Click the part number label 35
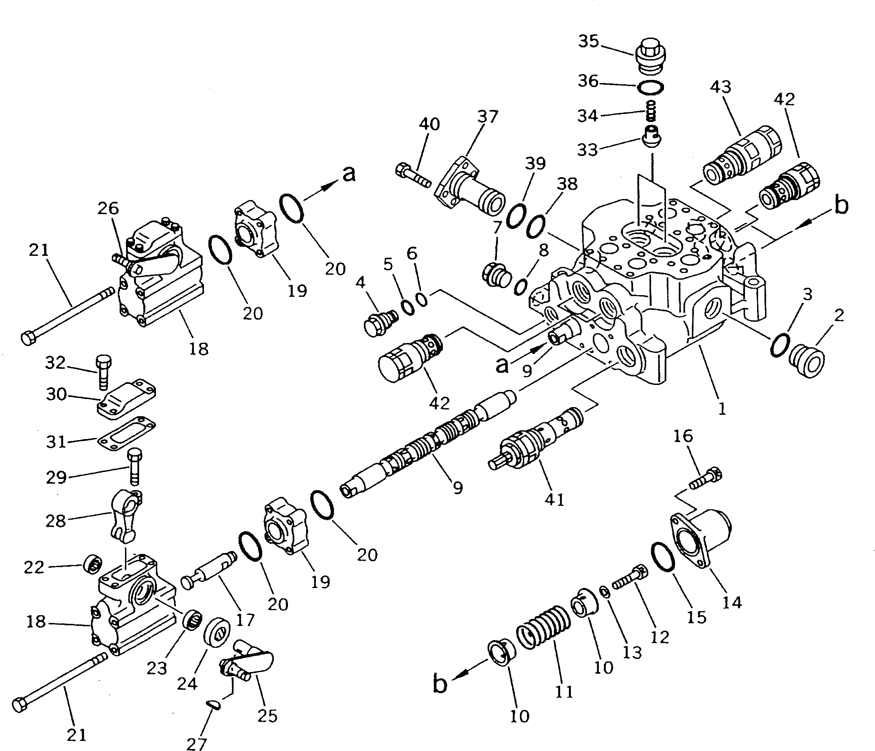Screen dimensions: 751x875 (x=588, y=42)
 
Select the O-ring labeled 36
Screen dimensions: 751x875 (x=650, y=87)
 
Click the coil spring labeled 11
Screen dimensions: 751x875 (x=543, y=634)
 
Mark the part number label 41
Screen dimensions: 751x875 (x=554, y=500)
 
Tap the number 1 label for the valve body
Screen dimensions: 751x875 (x=722, y=408)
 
